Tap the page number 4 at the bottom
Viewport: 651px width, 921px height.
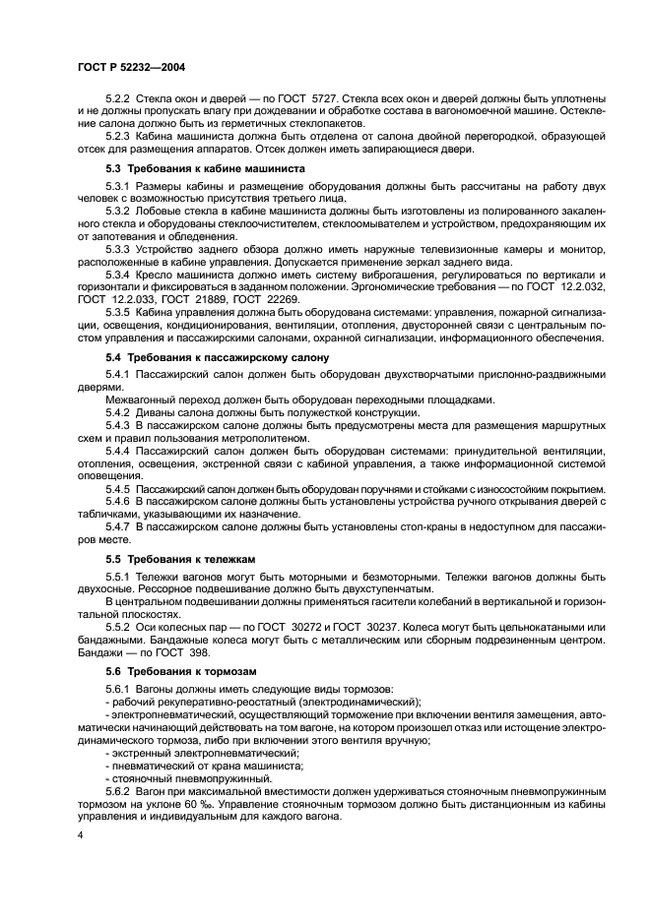click(80, 834)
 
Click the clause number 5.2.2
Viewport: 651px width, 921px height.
click(119, 100)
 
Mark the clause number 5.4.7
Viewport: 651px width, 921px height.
click(119, 527)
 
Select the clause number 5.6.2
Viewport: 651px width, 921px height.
click(119, 790)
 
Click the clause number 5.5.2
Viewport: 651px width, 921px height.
click(119, 627)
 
